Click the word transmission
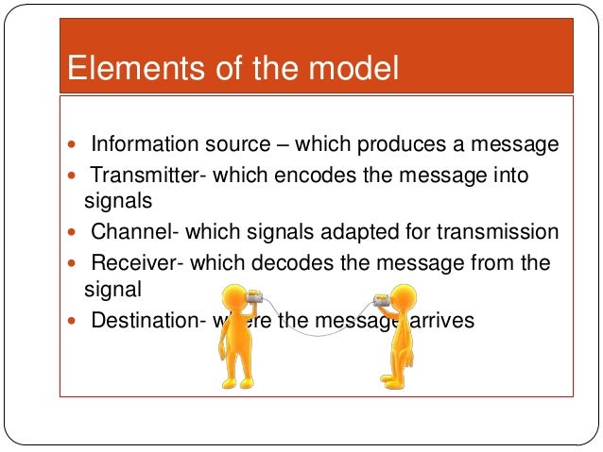pos(506,232)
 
